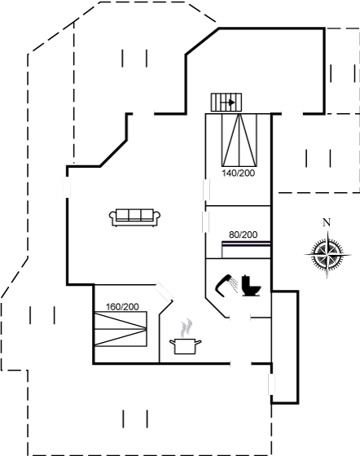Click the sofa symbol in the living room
134,217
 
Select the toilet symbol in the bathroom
251,286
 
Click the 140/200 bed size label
238,173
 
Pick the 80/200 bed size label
243,235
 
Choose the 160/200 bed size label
122,307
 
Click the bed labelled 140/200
239,140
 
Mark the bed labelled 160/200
121,329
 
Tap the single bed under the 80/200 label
246,249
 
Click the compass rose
327,254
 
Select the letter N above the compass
327,222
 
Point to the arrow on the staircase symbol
229,103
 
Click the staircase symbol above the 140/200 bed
226,102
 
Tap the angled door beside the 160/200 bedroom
163,292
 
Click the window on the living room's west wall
67,186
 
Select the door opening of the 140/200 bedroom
206,190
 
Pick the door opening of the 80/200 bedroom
206,221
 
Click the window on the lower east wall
271,384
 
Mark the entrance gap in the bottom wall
240,363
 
